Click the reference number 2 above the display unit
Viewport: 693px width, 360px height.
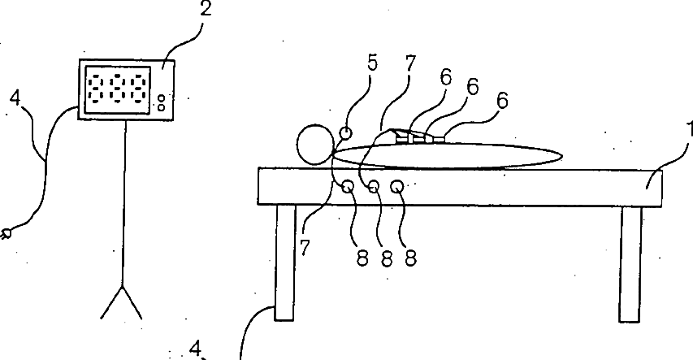click(x=206, y=9)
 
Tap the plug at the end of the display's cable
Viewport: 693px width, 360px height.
click(x=6, y=233)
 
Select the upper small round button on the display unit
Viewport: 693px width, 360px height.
click(x=162, y=98)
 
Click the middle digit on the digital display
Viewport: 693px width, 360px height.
click(x=118, y=89)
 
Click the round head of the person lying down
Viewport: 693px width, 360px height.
click(x=315, y=144)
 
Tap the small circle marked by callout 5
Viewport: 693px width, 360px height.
click(x=346, y=132)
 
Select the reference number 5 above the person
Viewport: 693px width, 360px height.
click(x=373, y=63)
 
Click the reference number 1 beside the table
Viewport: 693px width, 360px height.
click(x=690, y=129)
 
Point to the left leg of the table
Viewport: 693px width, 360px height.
click(x=284, y=262)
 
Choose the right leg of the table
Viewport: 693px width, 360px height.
click(x=630, y=264)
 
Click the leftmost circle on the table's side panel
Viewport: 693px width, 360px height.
click(x=348, y=187)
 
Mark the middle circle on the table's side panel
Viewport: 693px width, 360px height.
click(x=374, y=187)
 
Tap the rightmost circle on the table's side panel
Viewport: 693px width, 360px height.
click(x=397, y=187)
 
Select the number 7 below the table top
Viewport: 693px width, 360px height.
click(x=305, y=248)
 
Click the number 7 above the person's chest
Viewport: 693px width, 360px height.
click(x=410, y=63)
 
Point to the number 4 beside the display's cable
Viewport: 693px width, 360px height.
click(x=15, y=98)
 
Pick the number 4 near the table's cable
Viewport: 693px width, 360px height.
click(x=195, y=349)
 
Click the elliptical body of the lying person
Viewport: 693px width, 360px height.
click(x=448, y=156)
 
